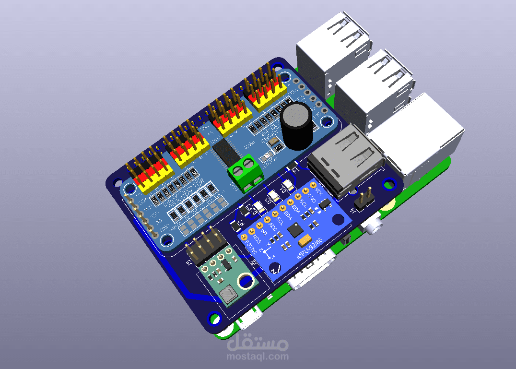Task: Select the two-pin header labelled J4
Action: click(364, 198)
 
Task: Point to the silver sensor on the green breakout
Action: click(227, 294)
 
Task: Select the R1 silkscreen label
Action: click(295, 169)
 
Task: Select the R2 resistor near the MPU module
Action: click(240, 224)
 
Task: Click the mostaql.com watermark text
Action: click(258, 357)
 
